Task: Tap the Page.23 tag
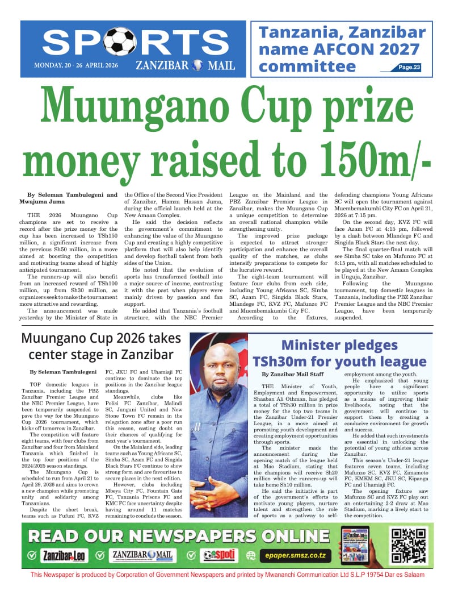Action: point(409,68)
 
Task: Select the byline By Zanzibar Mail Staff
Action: point(292,375)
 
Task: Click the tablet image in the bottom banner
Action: point(355,545)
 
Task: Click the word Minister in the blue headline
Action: point(322,344)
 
